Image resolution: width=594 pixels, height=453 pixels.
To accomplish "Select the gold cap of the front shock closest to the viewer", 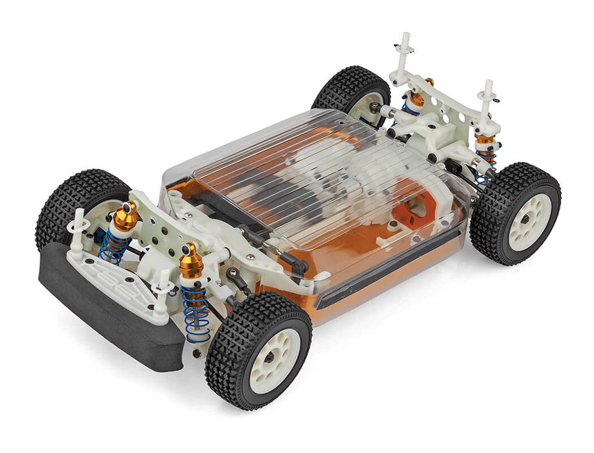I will pyautogui.click(x=191, y=260).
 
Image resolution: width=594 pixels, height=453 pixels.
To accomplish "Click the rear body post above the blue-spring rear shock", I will pyautogui.click(x=486, y=104).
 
